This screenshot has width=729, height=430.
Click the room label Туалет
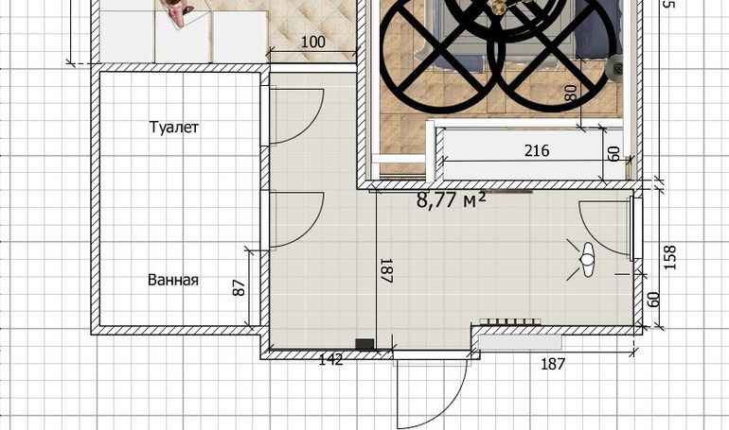174,127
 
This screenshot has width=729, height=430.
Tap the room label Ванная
173,280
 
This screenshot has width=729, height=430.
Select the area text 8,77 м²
452,200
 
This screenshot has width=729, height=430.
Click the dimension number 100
312,43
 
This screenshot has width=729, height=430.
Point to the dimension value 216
537,151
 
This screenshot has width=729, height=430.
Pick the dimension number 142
331,359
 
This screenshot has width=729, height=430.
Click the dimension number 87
239,287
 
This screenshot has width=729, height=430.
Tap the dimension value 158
669,257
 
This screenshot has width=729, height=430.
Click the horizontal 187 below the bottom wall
553,364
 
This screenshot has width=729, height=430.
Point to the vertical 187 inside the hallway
387,271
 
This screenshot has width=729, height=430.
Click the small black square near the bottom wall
364,344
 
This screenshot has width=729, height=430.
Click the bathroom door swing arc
297,220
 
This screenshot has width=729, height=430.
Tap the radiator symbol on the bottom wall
510,321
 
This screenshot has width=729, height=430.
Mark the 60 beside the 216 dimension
613,153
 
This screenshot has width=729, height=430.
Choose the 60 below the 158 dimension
653,300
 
